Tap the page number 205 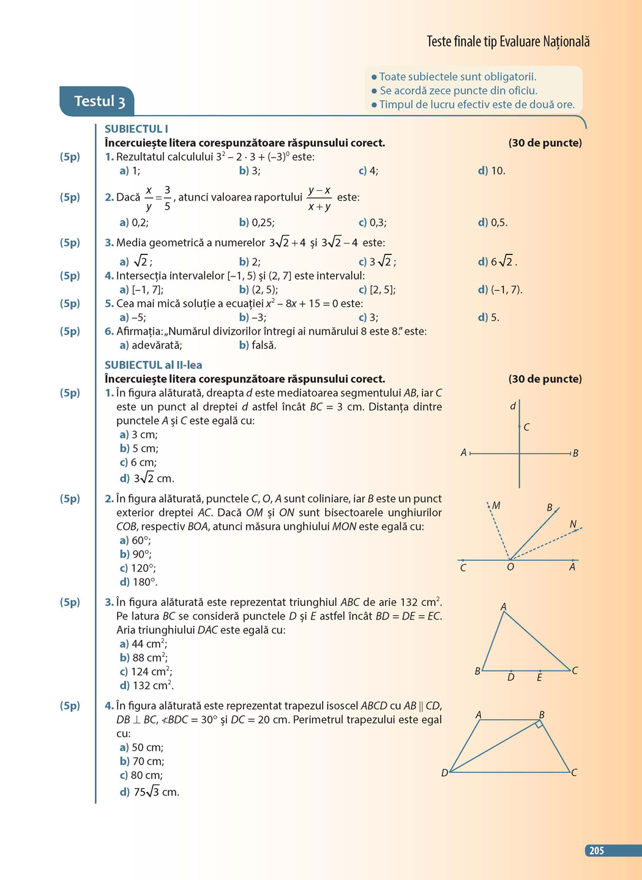[x=597, y=851]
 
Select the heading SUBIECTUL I [x=136, y=129]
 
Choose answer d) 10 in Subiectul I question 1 [x=491, y=171]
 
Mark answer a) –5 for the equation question [x=133, y=317]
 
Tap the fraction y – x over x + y [x=319, y=198]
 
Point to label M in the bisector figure [x=496, y=506]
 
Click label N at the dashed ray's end [x=573, y=524]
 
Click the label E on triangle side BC [x=539, y=678]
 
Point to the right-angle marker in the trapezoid [x=539, y=724]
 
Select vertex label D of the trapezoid [x=445, y=773]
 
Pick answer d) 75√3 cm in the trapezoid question [x=150, y=793]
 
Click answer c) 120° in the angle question [x=138, y=568]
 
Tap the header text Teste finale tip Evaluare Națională [x=508, y=42]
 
